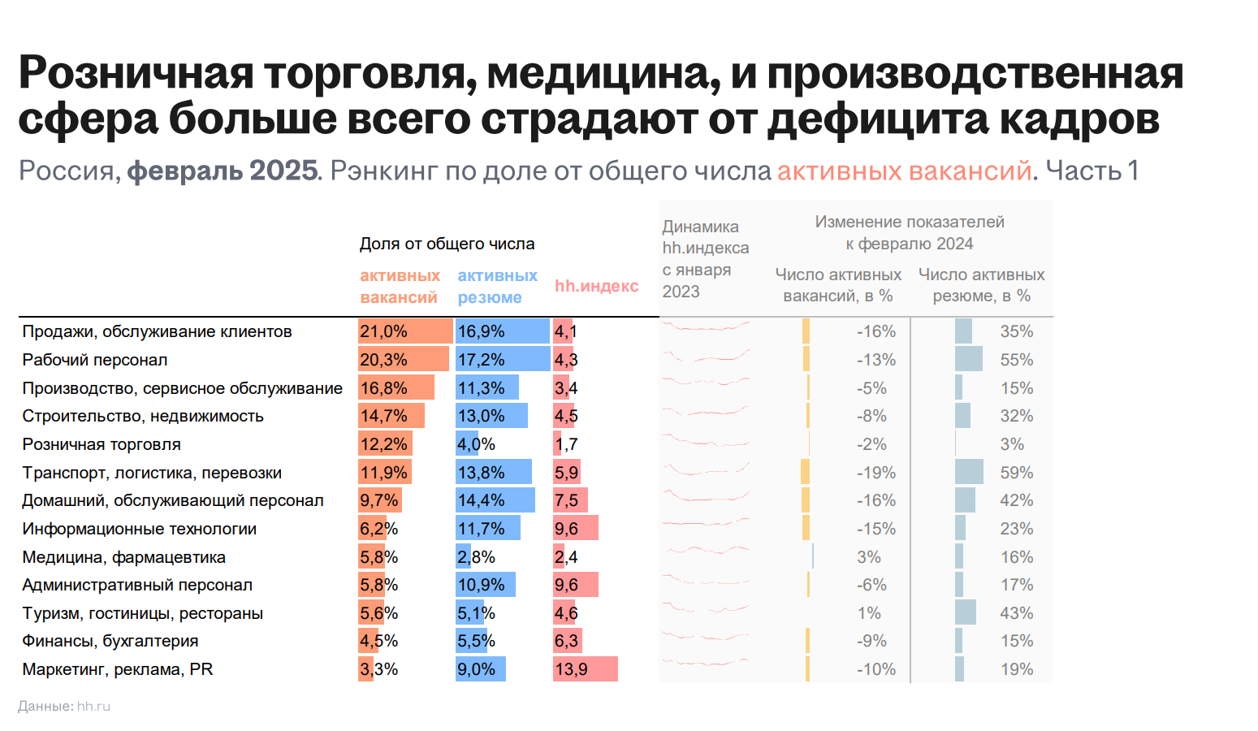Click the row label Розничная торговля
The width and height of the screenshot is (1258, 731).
102,444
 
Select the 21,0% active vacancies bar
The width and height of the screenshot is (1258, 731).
405,331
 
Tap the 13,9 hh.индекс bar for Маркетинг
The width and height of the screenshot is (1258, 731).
585,669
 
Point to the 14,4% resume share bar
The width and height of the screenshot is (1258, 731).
495,500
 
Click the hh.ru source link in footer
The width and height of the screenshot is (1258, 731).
93,707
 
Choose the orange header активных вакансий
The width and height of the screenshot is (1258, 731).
400,287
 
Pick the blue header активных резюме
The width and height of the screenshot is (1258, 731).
497,287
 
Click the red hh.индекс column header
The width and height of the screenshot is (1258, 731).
596,286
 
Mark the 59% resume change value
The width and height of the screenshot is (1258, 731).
1016,473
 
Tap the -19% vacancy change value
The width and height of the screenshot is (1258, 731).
875,473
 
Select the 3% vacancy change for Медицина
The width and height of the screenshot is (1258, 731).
868,557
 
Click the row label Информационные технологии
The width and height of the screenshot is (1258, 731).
139,529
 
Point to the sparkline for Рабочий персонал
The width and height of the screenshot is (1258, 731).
705,358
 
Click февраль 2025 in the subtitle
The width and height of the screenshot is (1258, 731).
223,171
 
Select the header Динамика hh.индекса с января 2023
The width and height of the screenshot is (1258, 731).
705,259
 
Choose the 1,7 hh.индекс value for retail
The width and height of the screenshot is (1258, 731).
566,444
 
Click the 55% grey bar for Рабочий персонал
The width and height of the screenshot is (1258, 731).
968,359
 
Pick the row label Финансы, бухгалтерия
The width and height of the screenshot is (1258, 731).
110,641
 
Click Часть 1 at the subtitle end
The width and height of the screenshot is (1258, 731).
1092,171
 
